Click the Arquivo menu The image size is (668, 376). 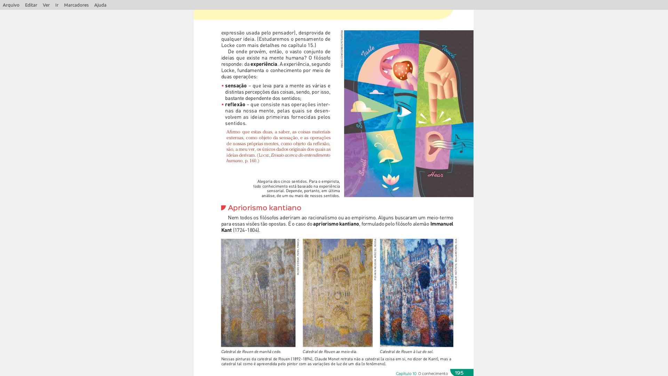11,5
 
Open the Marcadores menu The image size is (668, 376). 76,5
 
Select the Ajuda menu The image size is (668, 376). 100,5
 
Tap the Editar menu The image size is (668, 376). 31,5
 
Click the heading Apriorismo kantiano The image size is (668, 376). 264,208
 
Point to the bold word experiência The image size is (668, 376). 264,64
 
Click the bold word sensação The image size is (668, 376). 236,86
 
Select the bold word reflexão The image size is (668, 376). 235,104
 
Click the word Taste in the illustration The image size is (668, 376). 368,51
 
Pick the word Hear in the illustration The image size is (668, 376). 435,174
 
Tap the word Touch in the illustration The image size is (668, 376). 448,52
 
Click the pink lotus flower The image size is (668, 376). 391,180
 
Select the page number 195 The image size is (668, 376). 459,373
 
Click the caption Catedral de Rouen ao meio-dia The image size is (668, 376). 330,352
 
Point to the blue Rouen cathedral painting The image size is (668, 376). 416,293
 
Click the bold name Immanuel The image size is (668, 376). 442,224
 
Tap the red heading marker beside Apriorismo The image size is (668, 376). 223,208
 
